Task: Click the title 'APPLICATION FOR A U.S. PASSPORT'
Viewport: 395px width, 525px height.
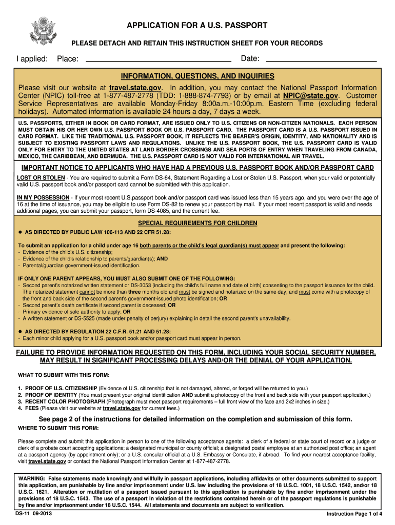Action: [x=197, y=25]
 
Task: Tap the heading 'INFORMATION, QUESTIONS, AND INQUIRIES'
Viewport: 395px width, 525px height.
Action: [x=197, y=76]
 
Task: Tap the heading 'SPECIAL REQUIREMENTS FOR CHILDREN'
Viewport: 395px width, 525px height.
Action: [x=197, y=224]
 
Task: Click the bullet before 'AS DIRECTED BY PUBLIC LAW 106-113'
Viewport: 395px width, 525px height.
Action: [x=20, y=231]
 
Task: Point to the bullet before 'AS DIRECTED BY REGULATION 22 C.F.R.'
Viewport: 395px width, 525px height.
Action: [x=20, y=331]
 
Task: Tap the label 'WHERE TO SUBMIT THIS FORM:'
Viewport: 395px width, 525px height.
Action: [x=58, y=428]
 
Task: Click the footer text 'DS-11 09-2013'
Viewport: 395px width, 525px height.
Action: [x=33, y=513]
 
